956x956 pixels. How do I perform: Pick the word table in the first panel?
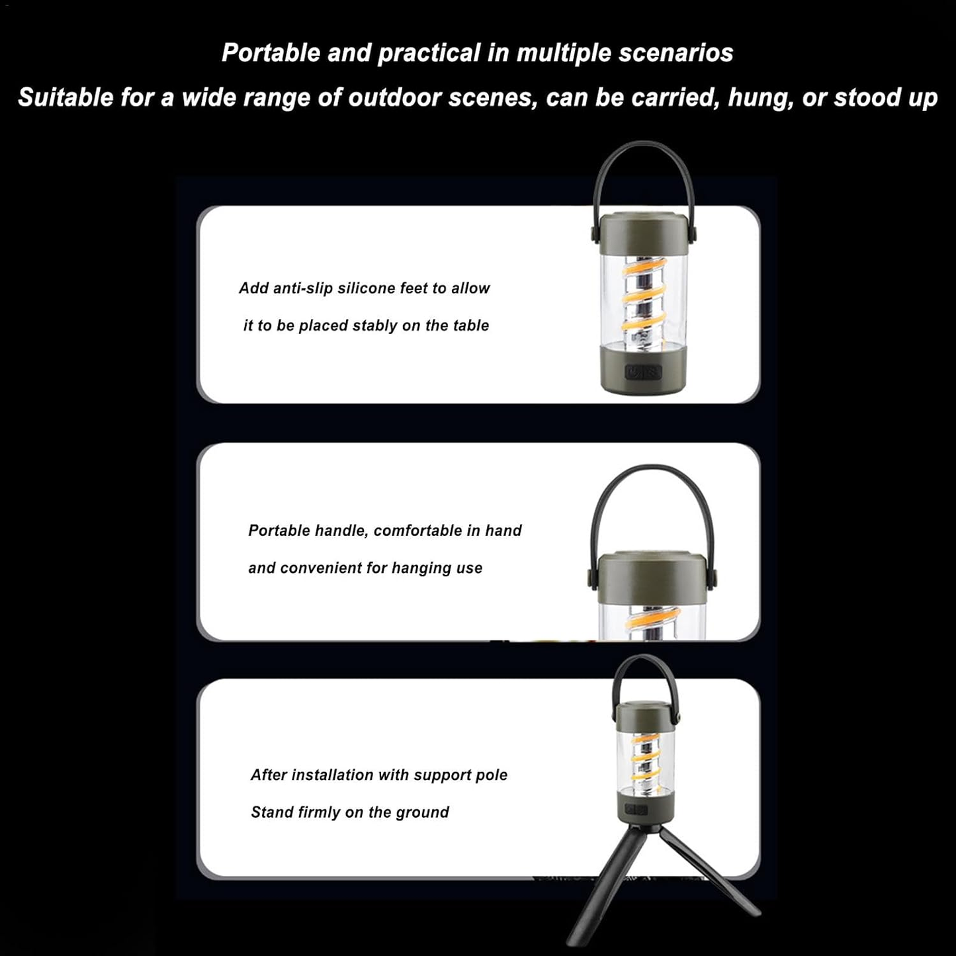pos(471,326)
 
